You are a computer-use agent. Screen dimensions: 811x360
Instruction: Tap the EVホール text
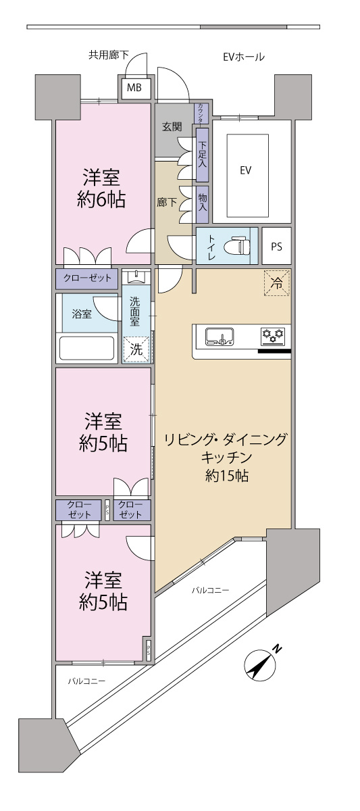(x=244, y=57)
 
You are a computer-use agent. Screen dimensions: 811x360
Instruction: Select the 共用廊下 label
(x=108, y=55)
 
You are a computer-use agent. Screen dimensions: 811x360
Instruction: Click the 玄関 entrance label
(x=172, y=126)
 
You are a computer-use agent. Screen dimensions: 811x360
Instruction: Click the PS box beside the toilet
(x=277, y=247)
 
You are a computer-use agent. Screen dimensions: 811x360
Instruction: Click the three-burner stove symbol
(x=274, y=335)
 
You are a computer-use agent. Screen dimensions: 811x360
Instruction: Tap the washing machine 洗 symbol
(x=136, y=349)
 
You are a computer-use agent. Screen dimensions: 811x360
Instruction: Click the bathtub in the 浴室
(x=88, y=348)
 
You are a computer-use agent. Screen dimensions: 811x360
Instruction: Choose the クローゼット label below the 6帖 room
(x=88, y=278)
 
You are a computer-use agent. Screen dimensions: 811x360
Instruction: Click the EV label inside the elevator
(x=245, y=170)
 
